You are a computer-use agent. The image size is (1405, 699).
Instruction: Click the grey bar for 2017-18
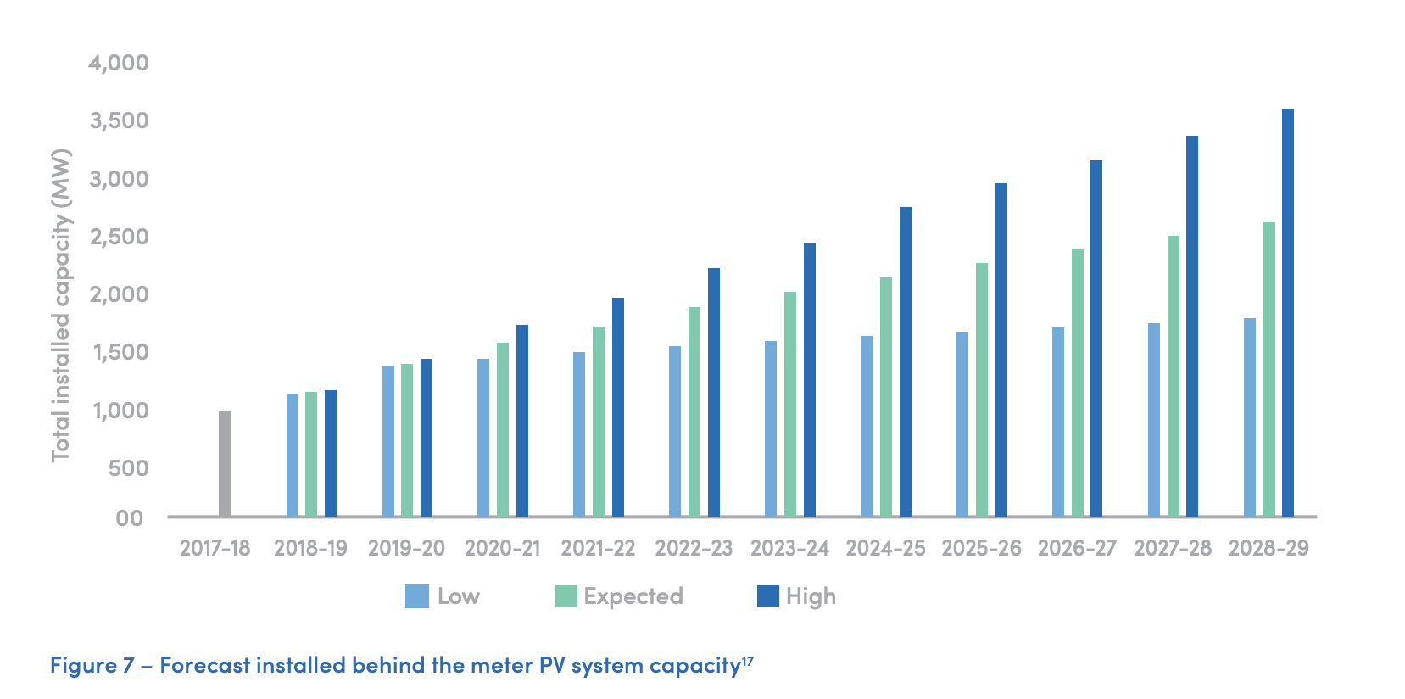point(225,464)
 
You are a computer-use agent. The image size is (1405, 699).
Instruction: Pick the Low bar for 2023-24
point(770,428)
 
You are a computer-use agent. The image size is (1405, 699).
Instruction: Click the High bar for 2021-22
point(617,407)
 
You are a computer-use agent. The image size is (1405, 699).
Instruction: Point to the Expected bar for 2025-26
point(981,389)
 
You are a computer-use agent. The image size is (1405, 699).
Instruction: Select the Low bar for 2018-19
point(292,455)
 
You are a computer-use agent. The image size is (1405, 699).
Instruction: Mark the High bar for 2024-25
point(905,361)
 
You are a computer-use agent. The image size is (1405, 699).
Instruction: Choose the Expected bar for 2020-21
point(502,429)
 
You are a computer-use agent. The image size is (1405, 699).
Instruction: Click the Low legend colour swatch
point(416,596)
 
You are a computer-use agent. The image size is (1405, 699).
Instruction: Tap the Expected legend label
point(633,596)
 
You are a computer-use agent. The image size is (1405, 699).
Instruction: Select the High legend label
point(811,596)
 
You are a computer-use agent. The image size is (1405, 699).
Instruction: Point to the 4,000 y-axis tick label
point(118,63)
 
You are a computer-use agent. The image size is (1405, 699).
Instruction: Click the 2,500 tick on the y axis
point(119,237)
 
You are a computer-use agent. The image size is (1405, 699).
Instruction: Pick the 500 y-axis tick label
point(128,468)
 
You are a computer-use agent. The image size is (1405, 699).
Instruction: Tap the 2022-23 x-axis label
point(693,548)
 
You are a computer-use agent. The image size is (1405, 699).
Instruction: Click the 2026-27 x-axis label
point(1077,548)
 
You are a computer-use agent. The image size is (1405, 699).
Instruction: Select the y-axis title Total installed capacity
point(61,305)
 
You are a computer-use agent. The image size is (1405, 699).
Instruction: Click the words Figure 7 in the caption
point(92,665)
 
